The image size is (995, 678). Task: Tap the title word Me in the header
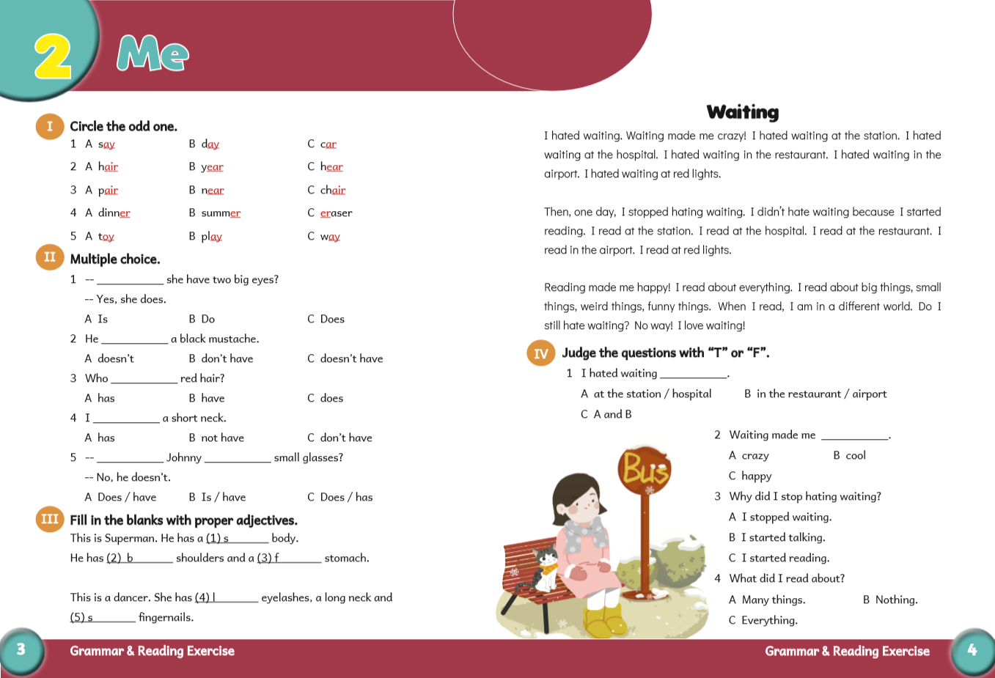pyautogui.click(x=153, y=54)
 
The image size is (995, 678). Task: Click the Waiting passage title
pyautogui.click(x=742, y=112)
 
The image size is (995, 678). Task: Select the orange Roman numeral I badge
pyautogui.click(x=49, y=126)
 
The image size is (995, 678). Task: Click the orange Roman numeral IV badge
pyautogui.click(x=540, y=353)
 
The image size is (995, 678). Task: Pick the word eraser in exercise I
pyautogui.click(x=336, y=213)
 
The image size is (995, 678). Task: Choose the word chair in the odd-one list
pyautogui.click(x=332, y=191)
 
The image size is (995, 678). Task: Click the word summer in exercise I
pyautogui.click(x=221, y=213)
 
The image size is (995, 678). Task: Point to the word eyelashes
pyautogui.click(x=285, y=597)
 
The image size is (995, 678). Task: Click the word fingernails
pyautogui.click(x=166, y=617)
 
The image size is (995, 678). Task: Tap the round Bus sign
pyautogui.click(x=645, y=468)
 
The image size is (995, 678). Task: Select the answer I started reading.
pyautogui.click(x=785, y=558)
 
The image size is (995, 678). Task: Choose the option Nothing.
pyautogui.click(x=896, y=600)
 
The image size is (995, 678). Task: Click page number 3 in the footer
pyautogui.click(x=21, y=649)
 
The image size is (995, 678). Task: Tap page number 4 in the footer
pyautogui.click(x=972, y=649)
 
